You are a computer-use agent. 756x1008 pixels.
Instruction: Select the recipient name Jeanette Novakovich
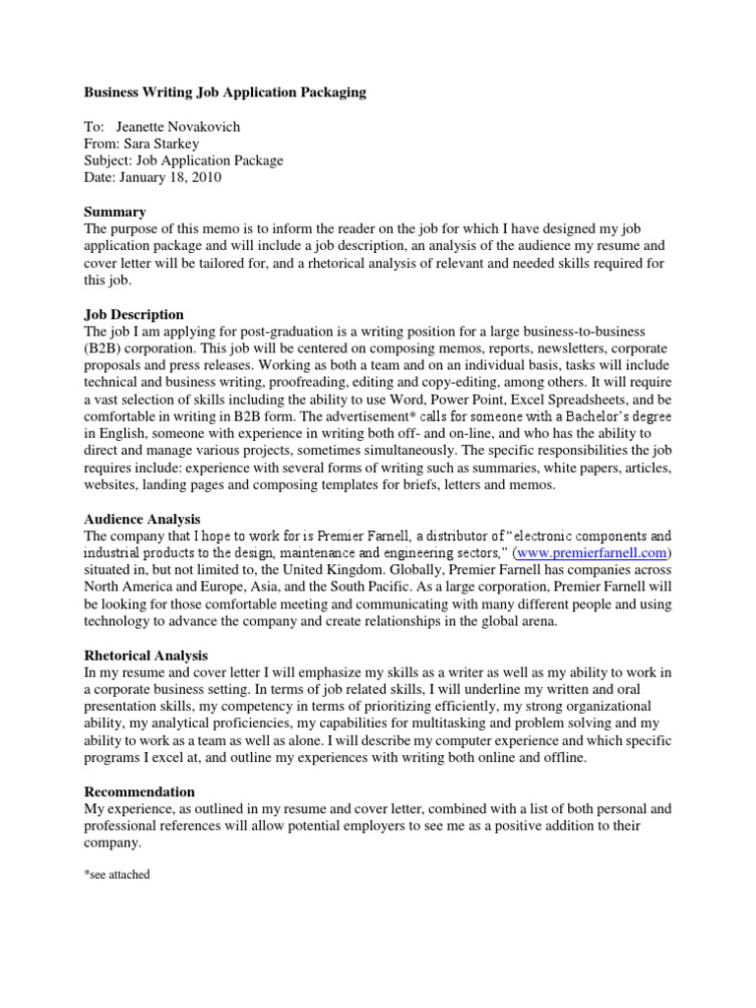(178, 127)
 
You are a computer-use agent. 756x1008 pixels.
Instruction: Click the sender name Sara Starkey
(157, 144)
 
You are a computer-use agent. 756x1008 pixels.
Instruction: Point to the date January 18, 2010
(169, 178)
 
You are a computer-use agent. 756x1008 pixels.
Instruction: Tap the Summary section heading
(115, 212)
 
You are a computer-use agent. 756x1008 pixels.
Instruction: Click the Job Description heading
(134, 315)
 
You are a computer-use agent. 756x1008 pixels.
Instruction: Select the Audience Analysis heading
(142, 519)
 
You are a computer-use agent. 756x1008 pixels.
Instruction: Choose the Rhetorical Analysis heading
(146, 656)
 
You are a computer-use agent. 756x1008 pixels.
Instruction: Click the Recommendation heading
(139, 791)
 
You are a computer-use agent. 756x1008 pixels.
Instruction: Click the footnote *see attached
(117, 874)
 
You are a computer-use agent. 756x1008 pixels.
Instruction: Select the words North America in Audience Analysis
(127, 588)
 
